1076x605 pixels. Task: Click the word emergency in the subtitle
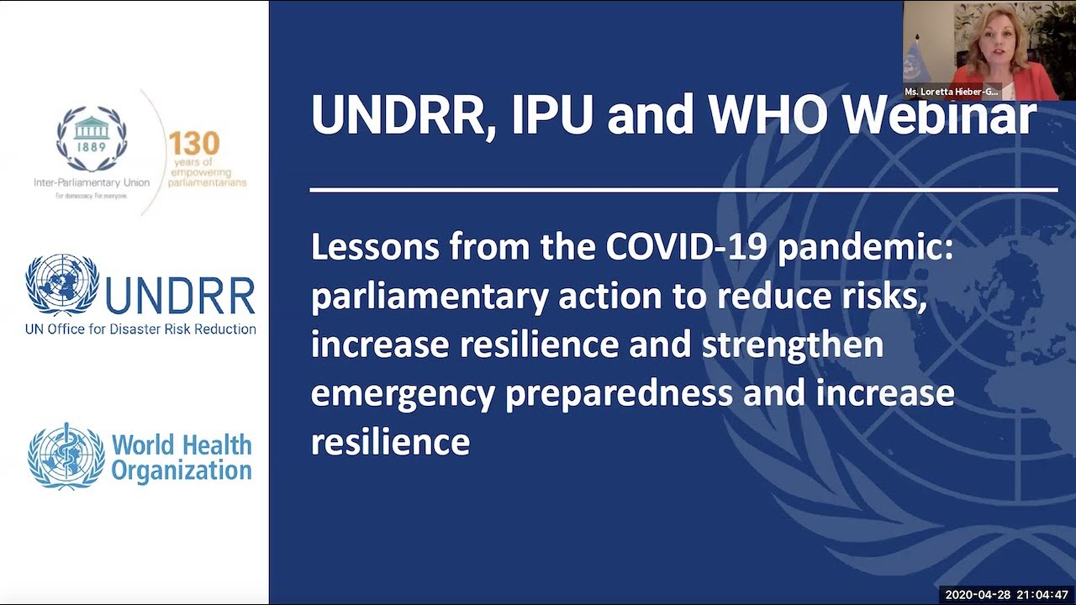point(403,393)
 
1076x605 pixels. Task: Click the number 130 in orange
point(193,144)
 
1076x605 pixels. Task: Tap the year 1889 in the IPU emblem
point(91,147)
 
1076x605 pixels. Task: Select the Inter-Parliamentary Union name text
point(92,182)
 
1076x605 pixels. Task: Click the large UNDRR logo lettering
point(181,297)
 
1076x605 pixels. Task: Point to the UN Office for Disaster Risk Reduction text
point(140,329)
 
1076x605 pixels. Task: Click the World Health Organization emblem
point(66,456)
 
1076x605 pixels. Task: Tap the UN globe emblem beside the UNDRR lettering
point(62,285)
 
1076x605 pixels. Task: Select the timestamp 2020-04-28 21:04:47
point(1005,595)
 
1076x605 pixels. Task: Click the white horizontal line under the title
point(683,190)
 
